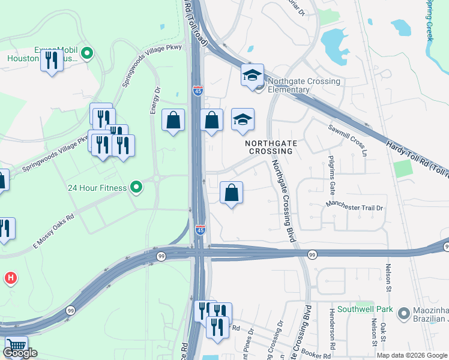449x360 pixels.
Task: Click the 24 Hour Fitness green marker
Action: click(136, 188)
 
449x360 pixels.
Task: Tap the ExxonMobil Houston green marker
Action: click(86, 54)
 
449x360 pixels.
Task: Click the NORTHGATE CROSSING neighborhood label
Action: click(270, 148)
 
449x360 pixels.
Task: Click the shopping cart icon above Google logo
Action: click(16, 347)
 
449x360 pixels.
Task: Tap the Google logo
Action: click(20, 353)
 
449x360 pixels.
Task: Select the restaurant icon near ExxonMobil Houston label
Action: click(52, 60)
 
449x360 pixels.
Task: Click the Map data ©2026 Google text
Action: click(412, 355)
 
